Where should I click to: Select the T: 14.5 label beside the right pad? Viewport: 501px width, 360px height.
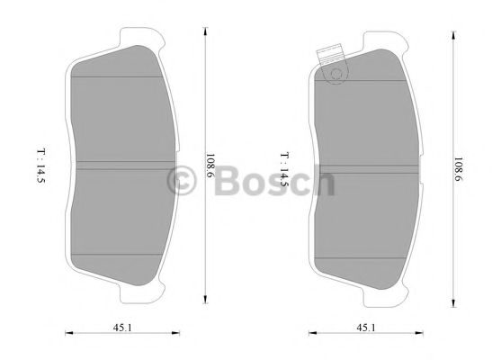pos(283,167)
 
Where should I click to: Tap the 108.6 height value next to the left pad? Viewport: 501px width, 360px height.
pos(211,167)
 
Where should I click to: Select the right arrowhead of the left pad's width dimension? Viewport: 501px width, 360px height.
pos(174,336)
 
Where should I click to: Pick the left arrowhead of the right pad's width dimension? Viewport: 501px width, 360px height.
pos(311,336)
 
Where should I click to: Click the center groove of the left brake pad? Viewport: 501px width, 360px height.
pos(121,165)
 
